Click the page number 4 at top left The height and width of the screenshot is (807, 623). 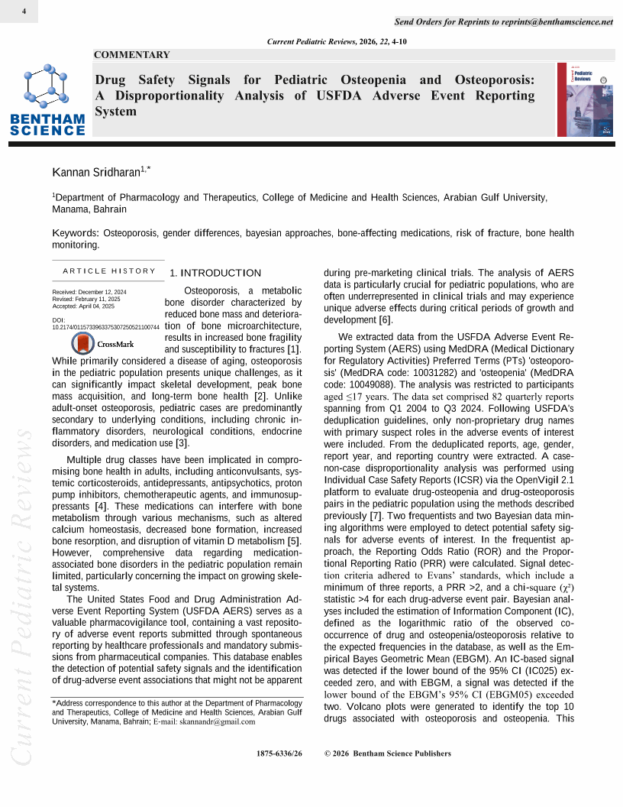[25, 11]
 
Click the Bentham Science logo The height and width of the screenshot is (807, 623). [47, 100]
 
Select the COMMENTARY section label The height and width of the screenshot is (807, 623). [132, 55]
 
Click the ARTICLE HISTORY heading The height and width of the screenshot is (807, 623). [109, 271]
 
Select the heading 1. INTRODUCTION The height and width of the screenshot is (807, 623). [215, 273]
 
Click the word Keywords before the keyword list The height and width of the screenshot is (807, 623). [75, 232]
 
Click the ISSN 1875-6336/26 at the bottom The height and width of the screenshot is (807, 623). [280, 754]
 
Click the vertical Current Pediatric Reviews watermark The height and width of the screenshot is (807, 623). [20, 596]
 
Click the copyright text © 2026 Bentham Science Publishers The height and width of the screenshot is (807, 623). [388, 754]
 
